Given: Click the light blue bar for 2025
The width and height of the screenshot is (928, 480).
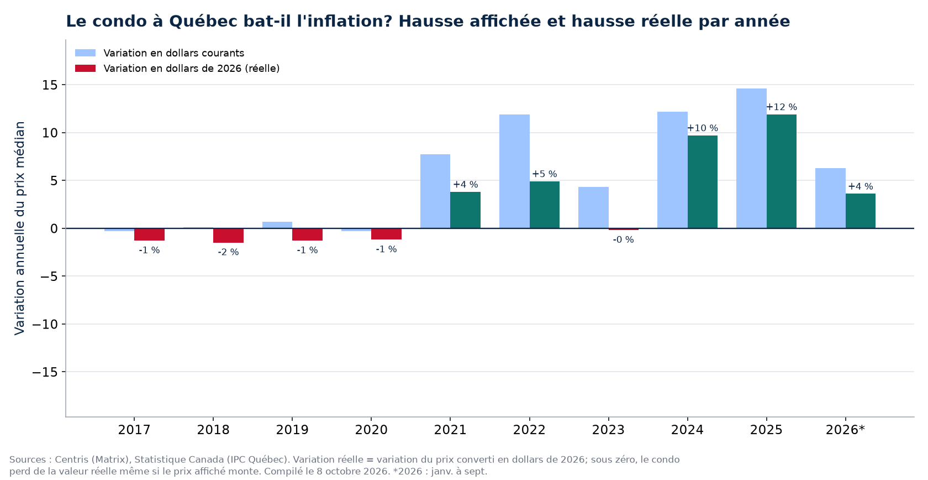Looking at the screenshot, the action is pos(751,159).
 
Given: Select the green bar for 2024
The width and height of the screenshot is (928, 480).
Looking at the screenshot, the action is pos(703,182).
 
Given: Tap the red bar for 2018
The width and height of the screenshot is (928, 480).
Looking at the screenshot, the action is pos(228,236).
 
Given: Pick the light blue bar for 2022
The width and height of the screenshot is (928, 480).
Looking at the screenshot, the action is pos(514,171).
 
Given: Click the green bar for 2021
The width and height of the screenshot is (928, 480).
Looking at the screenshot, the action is pos(465,210).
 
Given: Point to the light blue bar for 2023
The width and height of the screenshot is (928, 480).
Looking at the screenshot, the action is pos(593,207).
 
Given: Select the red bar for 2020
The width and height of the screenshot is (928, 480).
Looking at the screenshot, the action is pos(386,234).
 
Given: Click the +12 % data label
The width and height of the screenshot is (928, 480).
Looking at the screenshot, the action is pos(781,107).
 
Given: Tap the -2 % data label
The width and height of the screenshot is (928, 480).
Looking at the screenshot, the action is pos(228,252).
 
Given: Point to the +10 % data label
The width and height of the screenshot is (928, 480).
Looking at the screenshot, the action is pos(703,128).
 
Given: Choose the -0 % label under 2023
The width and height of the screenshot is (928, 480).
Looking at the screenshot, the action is pos(624,240).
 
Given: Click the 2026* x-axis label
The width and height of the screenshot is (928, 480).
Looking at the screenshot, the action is pos(846,430).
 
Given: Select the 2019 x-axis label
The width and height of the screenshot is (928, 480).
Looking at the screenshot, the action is pos(292,430).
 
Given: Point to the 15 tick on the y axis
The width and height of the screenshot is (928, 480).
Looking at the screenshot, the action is pos(50,85).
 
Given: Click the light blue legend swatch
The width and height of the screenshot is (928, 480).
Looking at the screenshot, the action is pos(85,53).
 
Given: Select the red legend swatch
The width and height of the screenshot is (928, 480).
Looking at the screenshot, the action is pos(85,69).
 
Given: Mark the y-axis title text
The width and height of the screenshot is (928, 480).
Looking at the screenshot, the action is pos(19,228).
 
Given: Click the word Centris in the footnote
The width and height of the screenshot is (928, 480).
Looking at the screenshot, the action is pos(71,460).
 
